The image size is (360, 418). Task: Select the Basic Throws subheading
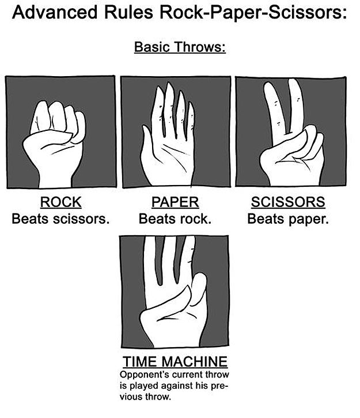click(179, 47)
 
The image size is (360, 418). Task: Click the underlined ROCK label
click(60, 202)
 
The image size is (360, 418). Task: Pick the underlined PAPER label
click(175, 202)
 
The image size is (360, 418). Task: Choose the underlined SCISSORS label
click(288, 202)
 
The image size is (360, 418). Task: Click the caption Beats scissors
click(60, 219)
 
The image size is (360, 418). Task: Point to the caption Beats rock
click(175, 219)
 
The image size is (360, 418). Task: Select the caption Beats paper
click(288, 219)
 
